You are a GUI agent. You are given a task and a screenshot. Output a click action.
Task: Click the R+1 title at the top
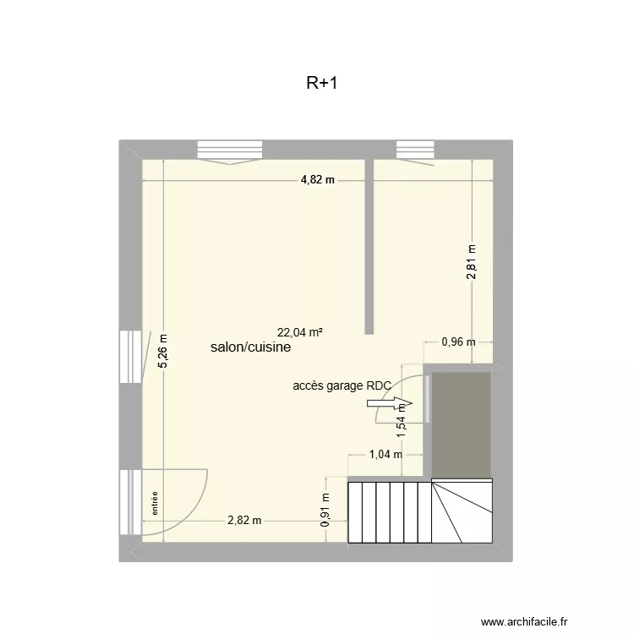(x=322, y=84)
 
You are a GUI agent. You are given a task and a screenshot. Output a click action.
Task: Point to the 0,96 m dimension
(x=459, y=342)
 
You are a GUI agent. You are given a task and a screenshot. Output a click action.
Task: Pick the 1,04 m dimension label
(x=385, y=454)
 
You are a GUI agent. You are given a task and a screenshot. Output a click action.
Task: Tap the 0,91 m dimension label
(x=325, y=510)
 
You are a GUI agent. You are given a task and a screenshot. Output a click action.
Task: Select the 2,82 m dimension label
(x=244, y=521)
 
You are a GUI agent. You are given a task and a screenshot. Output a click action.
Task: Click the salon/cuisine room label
(x=251, y=347)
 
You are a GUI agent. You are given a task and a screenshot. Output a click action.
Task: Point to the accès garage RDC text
(x=342, y=385)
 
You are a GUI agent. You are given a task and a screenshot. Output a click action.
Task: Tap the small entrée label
(x=156, y=504)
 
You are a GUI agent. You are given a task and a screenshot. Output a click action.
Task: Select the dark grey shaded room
(x=461, y=423)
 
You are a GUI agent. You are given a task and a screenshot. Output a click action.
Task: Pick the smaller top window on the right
(x=414, y=150)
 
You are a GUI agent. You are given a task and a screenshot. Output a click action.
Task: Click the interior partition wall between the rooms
(x=369, y=245)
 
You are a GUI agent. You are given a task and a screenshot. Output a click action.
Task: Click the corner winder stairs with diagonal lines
(x=462, y=511)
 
